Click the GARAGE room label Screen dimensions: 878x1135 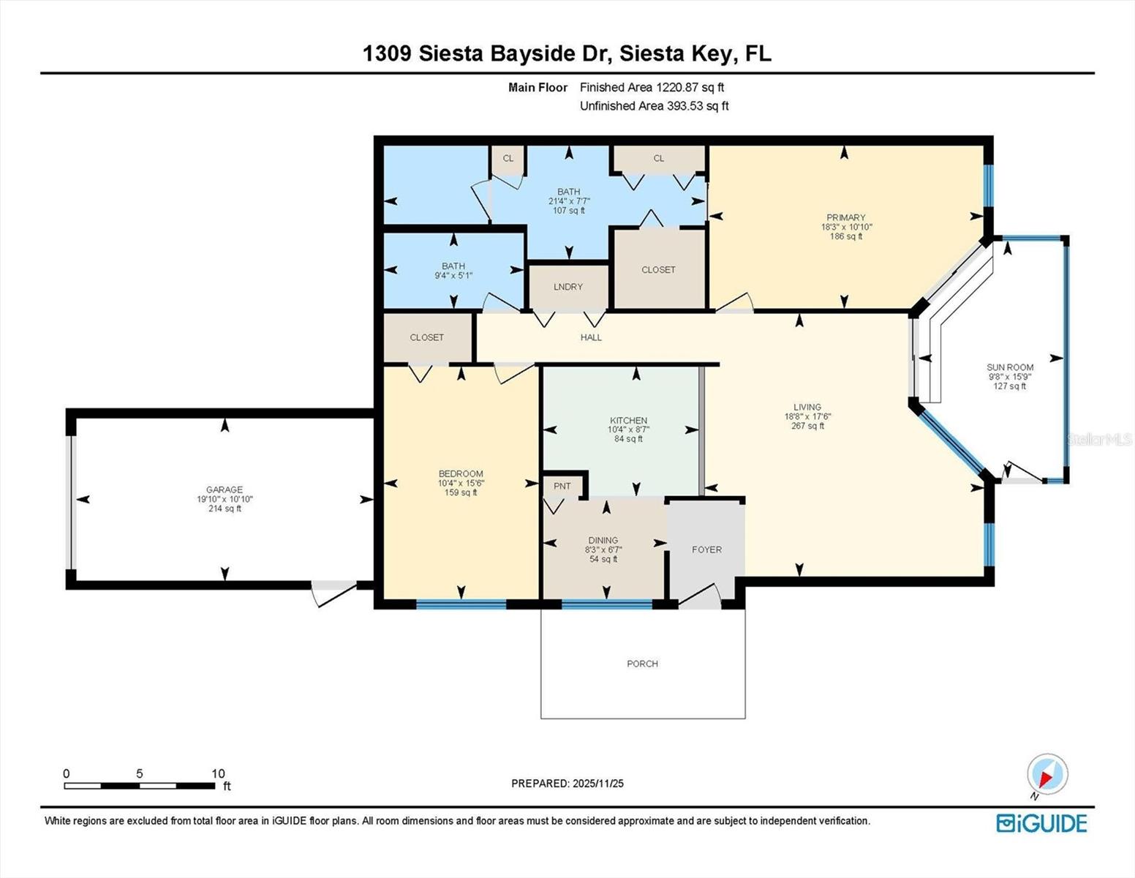point(224,489)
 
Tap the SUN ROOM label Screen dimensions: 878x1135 point(1010,367)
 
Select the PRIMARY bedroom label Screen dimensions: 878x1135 point(845,217)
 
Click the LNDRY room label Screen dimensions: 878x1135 point(568,287)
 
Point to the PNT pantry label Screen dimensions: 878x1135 point(562,486)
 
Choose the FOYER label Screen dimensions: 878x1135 point(706,549)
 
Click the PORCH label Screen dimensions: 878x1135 point(642,664)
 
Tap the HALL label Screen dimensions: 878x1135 point(591,337)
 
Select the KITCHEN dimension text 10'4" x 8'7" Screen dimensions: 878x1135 point(628,429)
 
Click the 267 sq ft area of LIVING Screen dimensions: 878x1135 point(807,426)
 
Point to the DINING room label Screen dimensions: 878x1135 point(603,540)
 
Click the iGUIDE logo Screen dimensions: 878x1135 point(1041,823)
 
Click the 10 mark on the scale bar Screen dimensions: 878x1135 point(218,773)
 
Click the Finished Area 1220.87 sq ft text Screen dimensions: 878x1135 point(652,87)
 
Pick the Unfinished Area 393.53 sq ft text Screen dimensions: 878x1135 point(654,106)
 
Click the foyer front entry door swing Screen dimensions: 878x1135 point(698,596)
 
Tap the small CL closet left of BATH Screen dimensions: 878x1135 point(508,158)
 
